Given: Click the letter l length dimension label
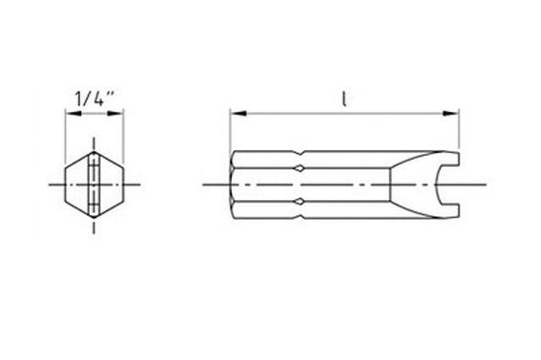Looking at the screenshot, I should [344, 98].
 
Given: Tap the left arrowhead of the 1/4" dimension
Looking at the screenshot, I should [69, 111].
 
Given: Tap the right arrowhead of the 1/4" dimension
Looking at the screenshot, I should [119, 111].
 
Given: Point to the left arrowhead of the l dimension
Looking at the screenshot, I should [235, 111].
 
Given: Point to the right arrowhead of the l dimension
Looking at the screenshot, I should [454, 111].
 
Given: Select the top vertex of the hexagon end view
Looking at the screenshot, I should [94, 151].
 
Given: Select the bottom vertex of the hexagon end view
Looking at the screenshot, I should [94, 218].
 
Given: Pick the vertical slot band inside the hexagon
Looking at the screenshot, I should [94, 184].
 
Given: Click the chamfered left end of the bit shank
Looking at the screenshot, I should [235, 184].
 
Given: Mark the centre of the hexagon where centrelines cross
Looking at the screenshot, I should [94, 184].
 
